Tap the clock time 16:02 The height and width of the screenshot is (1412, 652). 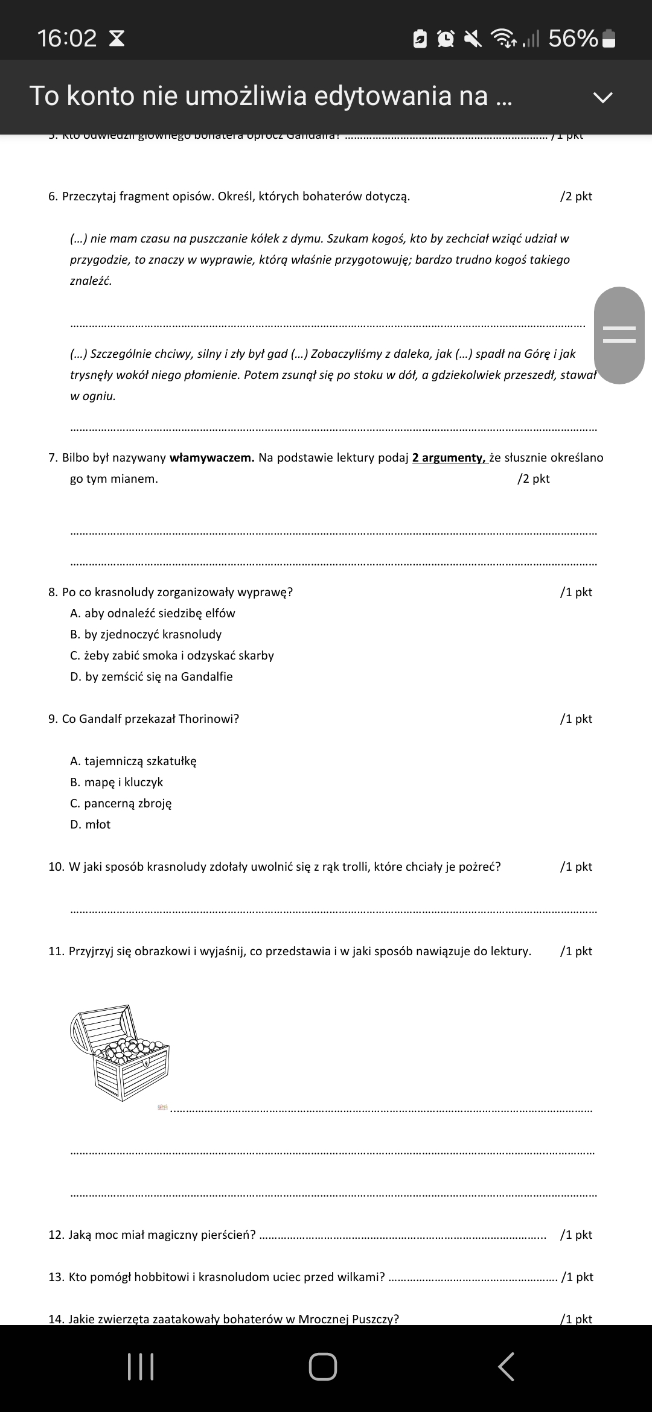66,39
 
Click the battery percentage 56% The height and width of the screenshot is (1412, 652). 573,39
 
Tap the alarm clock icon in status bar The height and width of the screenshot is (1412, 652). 446,39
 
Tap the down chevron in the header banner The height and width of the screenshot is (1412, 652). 602,97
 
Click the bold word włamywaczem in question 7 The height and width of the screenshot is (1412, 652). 212,457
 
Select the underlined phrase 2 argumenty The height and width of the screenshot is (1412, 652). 449,457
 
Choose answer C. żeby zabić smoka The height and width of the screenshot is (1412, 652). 172,655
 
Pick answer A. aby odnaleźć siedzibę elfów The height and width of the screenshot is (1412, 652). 153,613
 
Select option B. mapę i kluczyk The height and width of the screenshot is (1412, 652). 117,782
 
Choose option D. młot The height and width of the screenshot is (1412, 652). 91,824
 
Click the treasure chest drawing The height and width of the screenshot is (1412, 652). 121,1052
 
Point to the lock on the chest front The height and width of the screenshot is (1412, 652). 146,1063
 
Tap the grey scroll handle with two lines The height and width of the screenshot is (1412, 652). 619,335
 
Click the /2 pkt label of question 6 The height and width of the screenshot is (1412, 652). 576,197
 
